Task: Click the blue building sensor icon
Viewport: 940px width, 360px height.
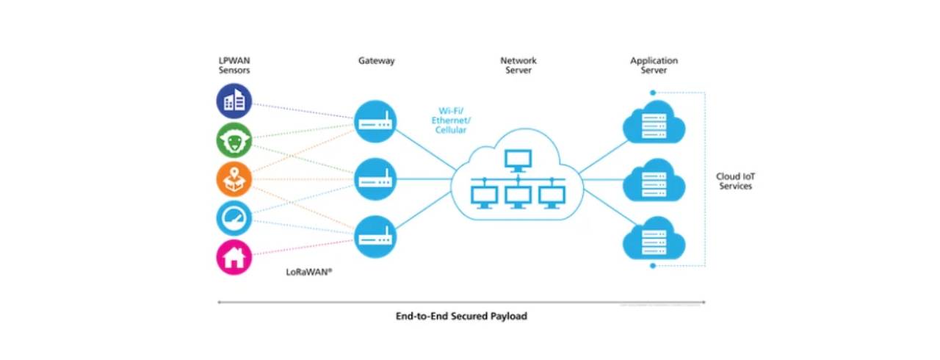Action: pyautogui.click(x=234, y=101)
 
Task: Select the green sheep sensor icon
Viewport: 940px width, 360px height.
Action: pyautogui.click(x=234, y=140)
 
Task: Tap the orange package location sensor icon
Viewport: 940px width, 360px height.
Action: pyautogui.click(x=234, y=179)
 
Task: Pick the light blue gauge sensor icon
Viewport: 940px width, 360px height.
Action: pyautogui.click(x=234, y=218)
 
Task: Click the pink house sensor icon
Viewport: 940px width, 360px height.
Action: pyautogui.click(x=234, y=257)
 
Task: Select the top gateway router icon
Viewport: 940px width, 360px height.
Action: pyautogui.click(x=375, y=120)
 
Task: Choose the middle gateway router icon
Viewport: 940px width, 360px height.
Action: pyautogui.click(x=375, y=179)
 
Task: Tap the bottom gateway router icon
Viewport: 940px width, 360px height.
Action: pyautogui.click(x=375, y=235)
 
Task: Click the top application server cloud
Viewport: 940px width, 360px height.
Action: pyautogui.click(x=653, y=122)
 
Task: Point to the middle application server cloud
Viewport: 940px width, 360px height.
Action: pyautogui.click(x=653, y=180)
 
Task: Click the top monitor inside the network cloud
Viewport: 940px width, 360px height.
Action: pyautogui.click(x=518, y=159)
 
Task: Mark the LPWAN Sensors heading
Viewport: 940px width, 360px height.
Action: pyautogui.click(x=234, y=65)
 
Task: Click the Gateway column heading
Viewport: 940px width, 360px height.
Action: pyautogui.click(x=376, y=61)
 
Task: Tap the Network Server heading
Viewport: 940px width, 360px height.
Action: pyautogui.click(x=518, y=65)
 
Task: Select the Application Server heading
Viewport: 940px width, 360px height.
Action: pyautogui.click(x=654, y=65)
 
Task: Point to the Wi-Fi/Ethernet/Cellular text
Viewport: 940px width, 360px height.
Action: pyautogui.click(x=450, y=120)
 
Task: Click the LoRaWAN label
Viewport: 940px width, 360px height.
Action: pyautogui.click(x=309, y=271)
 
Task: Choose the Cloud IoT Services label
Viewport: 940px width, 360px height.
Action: pyautogui.click(x=734, y=181)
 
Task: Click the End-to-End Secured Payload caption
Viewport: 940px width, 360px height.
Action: pyautogui.click(x=461, y=316)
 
